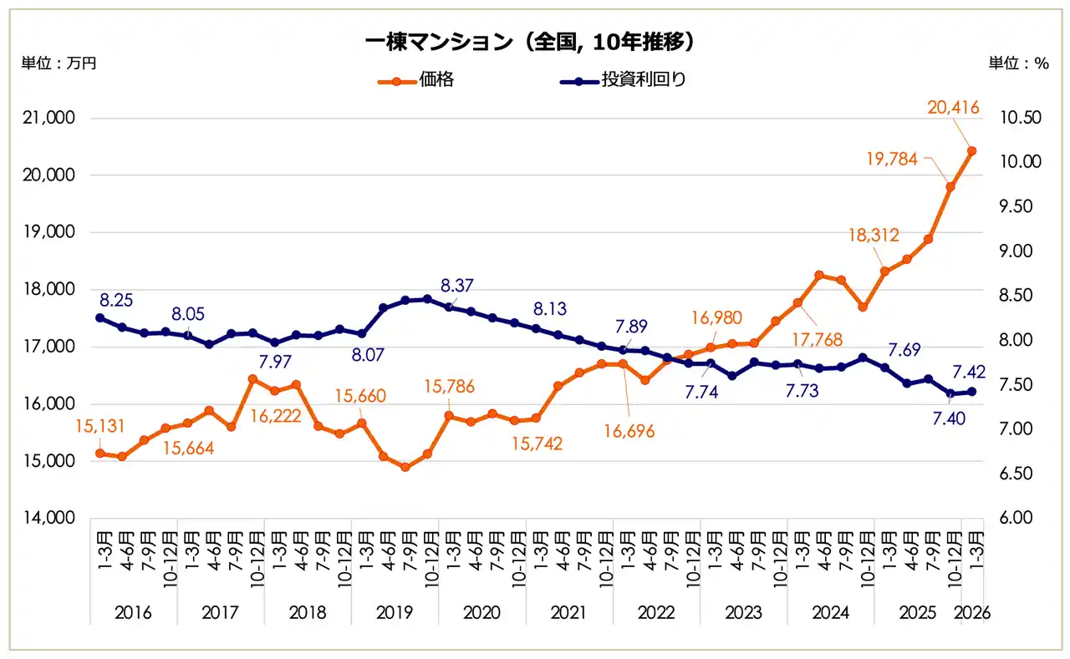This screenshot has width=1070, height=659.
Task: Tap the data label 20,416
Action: click(x=953, y=107)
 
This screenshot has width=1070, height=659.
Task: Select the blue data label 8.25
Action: click(x=117, y=299)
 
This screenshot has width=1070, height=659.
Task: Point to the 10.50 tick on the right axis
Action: click(x=1019, y=119)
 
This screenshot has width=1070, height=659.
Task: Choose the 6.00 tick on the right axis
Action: click(x=1019, y=519)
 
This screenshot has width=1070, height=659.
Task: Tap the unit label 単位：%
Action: click(x=1019, y=63)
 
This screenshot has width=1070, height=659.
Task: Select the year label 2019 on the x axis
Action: click(x=395, y=613)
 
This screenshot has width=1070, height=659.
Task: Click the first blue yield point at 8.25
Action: click(x=100, y=317)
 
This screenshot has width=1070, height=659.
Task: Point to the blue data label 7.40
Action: click(x=948, y=418)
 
